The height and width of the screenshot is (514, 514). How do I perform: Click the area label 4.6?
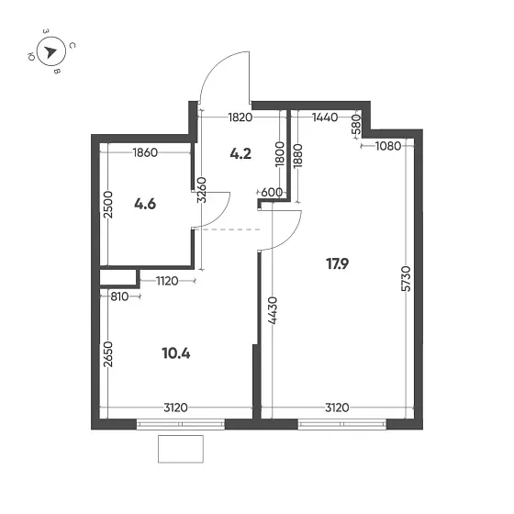pyautogui.click(x=144, y=204)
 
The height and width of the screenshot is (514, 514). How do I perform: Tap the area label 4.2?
pyautogui.click(x=240, y=154)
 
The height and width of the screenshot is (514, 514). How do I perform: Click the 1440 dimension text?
pyautogui.click(x=326, y=117)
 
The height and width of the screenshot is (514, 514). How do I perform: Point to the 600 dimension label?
pyautogui.click(x=272, y=192)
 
